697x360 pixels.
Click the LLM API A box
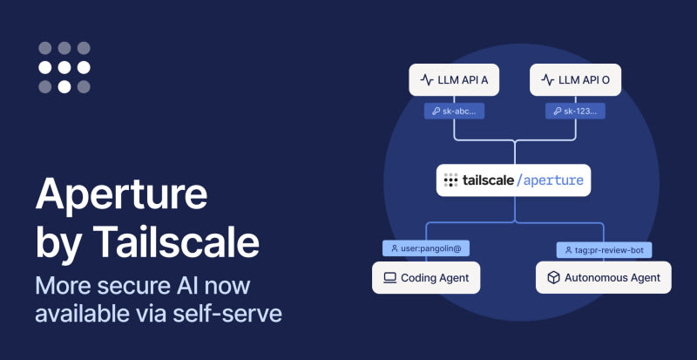click(455, 80)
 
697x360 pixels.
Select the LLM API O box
click(575, 80)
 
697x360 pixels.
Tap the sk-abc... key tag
click(454, 112)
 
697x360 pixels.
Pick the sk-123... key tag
click(576, 112)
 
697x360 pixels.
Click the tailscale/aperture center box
click(513, 180)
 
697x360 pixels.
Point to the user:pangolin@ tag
click(427, 248)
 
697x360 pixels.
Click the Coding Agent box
click(426, 278)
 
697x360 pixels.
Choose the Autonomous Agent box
click(603, 278)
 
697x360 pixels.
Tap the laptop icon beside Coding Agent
click(389, 278)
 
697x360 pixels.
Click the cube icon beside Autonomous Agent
click(553, 278)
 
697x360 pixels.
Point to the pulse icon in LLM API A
click(427, 80)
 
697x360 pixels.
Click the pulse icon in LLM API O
click(547, 80)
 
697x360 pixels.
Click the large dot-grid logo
click(64, 67)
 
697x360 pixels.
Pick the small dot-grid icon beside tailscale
click(450, 180)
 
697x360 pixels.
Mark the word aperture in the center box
click(553, 181)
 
